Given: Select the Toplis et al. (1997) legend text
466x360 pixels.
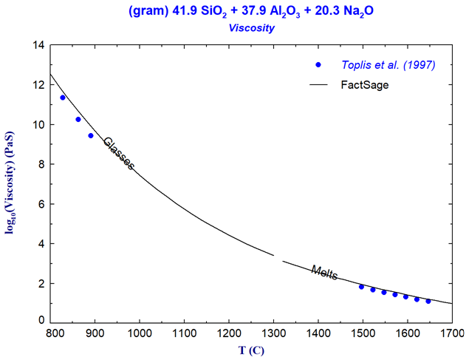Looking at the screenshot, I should point(388,65).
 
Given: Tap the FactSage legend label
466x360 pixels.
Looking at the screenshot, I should point(364,85).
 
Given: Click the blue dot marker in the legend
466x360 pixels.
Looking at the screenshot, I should point(318,65).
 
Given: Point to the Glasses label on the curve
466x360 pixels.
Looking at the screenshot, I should point(118,154).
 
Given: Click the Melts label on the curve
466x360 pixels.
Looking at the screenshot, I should point(324,273).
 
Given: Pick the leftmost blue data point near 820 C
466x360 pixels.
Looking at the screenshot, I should point(63,98).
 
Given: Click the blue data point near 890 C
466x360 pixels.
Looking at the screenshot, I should point(91,135).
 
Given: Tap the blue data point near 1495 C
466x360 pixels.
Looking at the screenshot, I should point(361,286).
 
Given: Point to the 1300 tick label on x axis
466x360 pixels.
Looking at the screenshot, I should point(273,333).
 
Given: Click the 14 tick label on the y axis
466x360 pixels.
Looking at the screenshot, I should point(38,46).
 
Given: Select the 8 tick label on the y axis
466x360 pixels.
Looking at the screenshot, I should point(41,165).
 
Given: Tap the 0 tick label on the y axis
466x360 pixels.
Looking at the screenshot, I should point(41,322).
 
